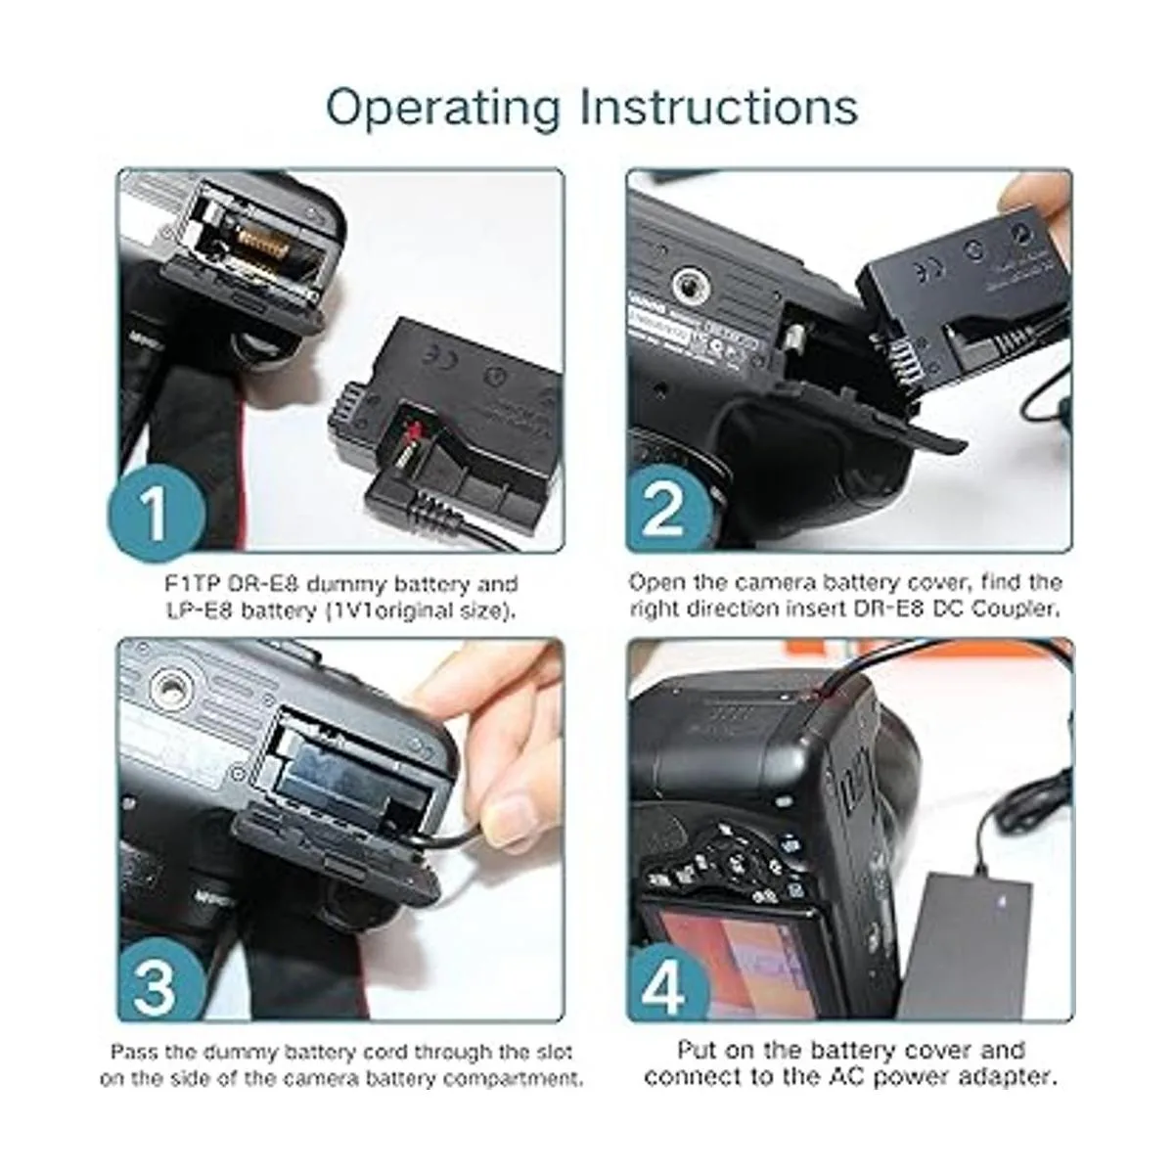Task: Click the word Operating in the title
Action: pos(442,110)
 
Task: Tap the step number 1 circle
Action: pos(155,513)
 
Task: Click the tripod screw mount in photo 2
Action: pos(695,285)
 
